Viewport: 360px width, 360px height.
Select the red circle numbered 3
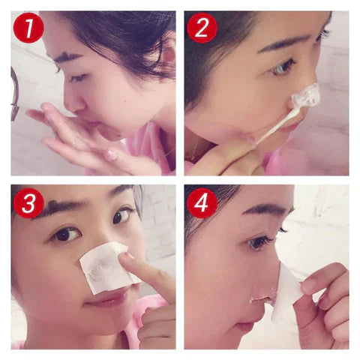[28, 202]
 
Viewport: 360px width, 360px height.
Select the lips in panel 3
[105, 301]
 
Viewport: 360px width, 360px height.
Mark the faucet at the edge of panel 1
[15, 94]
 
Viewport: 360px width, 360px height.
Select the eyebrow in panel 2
[281, 41]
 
